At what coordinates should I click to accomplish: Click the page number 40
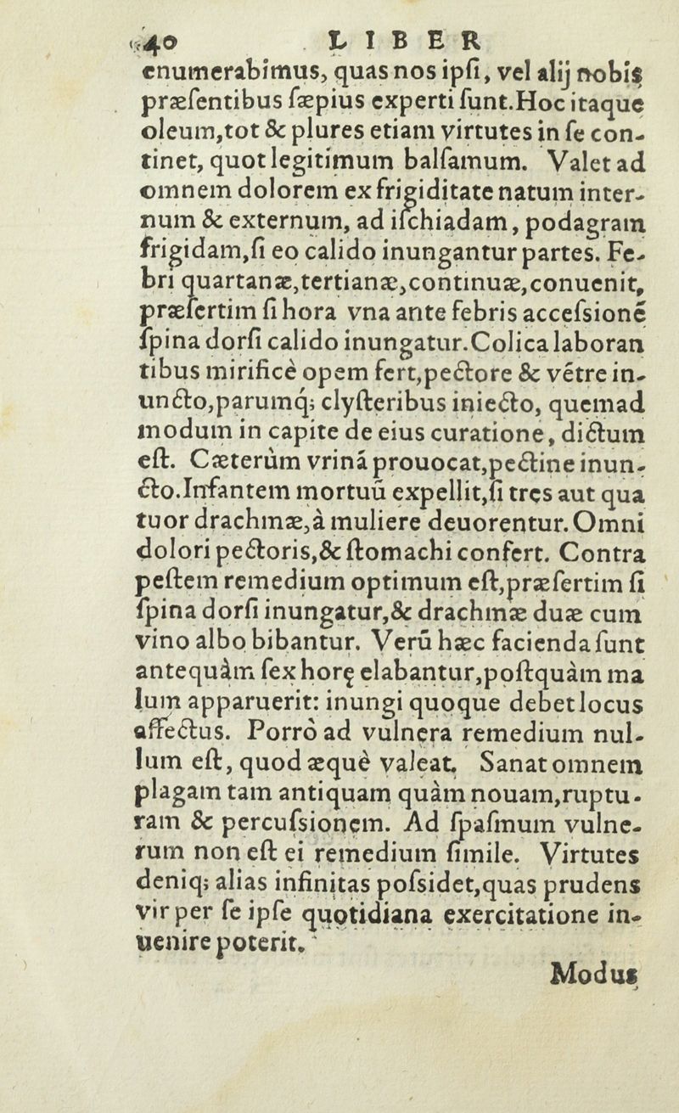(162, 42)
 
